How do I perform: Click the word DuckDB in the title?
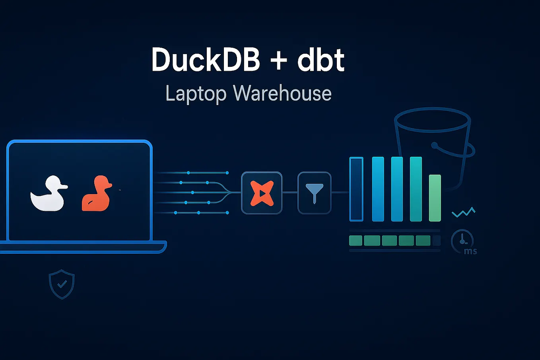coord(206,60)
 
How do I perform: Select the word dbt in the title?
coord(321,60)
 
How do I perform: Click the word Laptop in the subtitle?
coord(196,94)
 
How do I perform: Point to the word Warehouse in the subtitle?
coord(282,93)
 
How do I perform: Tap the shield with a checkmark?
coord(62,284)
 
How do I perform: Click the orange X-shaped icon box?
coord(262,193)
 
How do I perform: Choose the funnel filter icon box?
coord(314,193)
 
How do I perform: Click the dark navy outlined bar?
coord(356,189)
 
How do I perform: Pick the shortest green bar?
coord(435,198)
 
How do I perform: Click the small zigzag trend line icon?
coord(464,212)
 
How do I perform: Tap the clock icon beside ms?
coord(462,240)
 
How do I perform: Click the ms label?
coord(470,251)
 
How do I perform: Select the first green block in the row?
coord(355,240)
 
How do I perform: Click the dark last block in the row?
coord(436,240)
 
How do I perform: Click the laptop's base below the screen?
coord(83,247)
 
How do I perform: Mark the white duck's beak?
coord(64,186)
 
